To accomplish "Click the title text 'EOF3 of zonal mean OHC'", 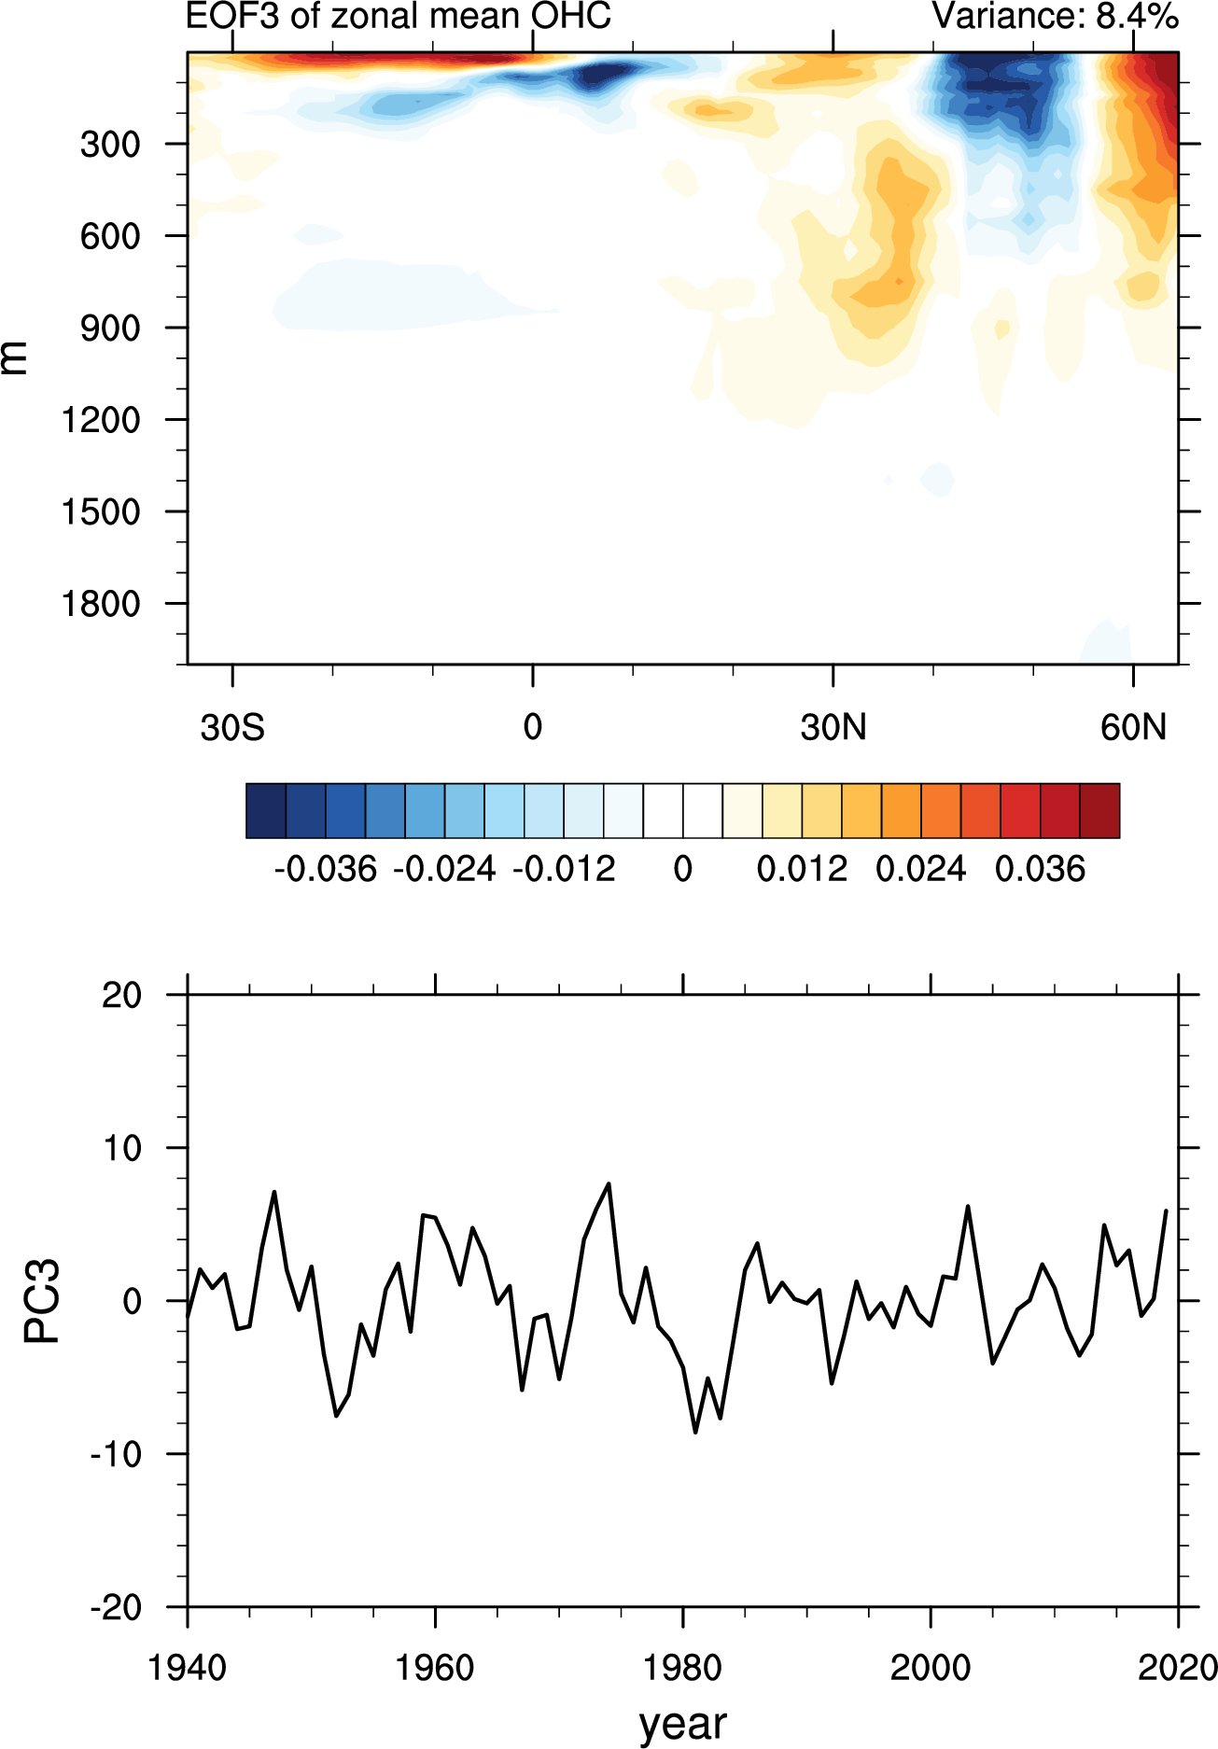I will click(399, 16).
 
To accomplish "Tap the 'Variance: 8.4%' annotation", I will click(1055, 16).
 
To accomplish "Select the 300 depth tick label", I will click(110, 145).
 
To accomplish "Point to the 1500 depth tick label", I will click(101, 512).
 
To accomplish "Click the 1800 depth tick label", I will click(101, 605).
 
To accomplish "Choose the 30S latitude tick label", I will click(232, 727).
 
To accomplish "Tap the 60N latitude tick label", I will click(1133, 727).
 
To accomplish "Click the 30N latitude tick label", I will click(833, 727).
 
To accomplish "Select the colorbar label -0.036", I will click(326, 870).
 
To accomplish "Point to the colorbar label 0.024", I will click(921, 870).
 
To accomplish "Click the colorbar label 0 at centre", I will click(683, 870).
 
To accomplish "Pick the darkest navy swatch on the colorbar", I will click(266, 811).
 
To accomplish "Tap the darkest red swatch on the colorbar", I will click(1099, 811).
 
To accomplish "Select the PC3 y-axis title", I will click(42, 1300).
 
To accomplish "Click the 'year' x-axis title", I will click(683, 1724).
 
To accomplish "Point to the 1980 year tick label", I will click(683, 1668).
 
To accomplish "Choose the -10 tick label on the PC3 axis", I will click(116, 1454).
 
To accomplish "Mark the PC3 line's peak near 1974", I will click(609, 1184).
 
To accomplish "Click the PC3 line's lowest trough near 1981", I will click(695, 1432).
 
